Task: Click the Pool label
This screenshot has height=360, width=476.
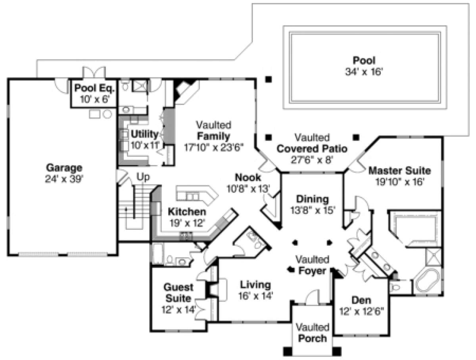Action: (364, 60)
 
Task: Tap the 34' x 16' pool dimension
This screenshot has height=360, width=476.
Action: (364, 72)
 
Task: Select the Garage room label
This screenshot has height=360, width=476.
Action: (64, 168)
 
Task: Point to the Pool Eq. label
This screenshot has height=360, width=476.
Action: (94, 88)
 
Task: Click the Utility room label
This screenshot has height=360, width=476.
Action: (145, 134)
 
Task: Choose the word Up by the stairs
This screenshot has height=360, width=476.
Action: (143, 177)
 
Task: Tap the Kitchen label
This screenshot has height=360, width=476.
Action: (187, 212)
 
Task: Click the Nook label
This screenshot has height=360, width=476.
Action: (248, 177)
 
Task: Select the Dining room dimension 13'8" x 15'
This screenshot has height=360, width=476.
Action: (313, 210)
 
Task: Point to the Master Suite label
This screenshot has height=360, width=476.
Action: (400, 171)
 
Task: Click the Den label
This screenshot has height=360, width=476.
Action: (361, 300)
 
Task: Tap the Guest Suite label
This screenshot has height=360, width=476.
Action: (178, 293)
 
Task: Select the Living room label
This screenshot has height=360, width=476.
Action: (255, 285)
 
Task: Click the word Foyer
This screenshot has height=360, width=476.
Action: (312, 271)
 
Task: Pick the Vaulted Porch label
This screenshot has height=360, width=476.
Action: (313, 333)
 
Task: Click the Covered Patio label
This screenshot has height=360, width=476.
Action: (312, 149)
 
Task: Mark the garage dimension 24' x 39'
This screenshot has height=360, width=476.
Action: (64, 179)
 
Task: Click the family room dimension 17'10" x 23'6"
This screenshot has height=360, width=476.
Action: (213, 147)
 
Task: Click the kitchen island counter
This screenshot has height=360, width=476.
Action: (197, 194)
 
